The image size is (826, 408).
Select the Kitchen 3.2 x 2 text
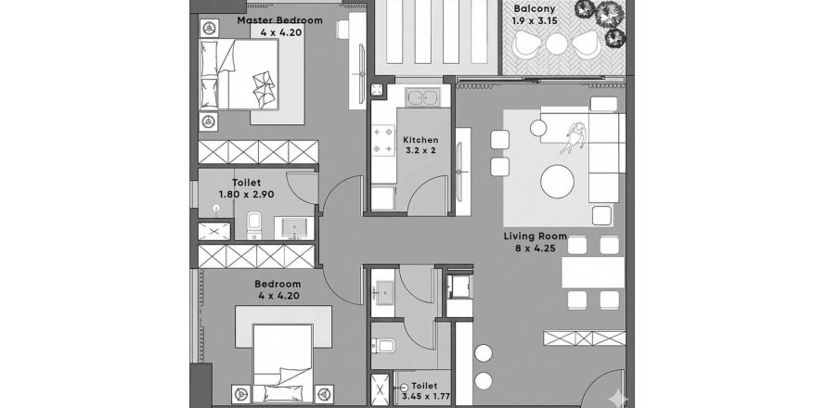pyautogui.click(x=420, y=146)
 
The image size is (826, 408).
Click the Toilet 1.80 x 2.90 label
pyautogui.click(x=246, y=189)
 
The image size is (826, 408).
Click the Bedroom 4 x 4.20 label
pyautogui.click(x=278, y=290)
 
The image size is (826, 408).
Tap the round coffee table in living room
pyautogui.click(x=558, y=181)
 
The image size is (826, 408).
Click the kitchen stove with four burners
pyautogui.click(x=381, y=141)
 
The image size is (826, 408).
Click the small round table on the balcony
pyautogui.click(x=557, y=44)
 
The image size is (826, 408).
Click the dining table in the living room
pyautogui.click(x=593, y=273)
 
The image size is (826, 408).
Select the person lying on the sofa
pyautogui.click(x=574, y=136)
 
